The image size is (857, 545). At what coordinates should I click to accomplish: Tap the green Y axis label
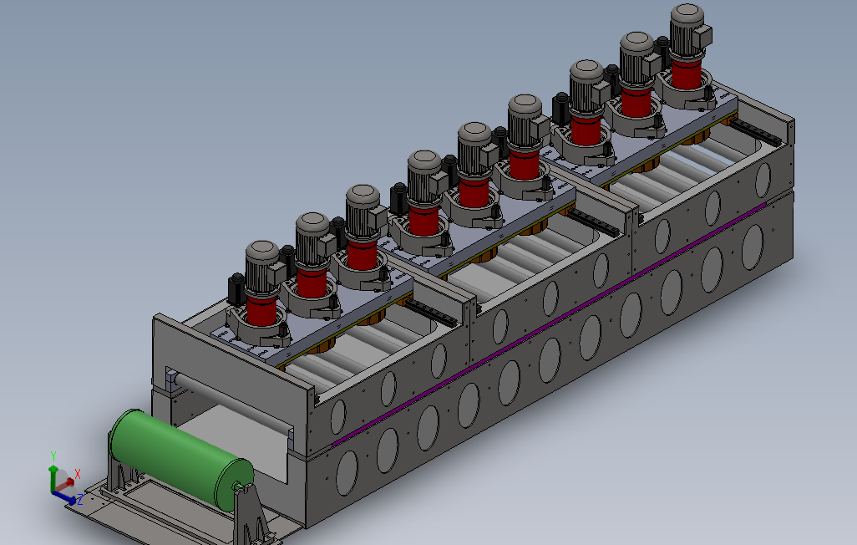click(53, 456)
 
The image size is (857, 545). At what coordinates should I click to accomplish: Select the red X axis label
click(78, 474)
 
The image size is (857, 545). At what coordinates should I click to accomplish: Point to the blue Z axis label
click(80, 499)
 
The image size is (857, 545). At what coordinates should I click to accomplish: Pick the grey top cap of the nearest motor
click(262, 252)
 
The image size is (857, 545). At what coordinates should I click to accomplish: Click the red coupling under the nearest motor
click(261, 310)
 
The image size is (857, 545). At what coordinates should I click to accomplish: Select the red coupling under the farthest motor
click(687, 74)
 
